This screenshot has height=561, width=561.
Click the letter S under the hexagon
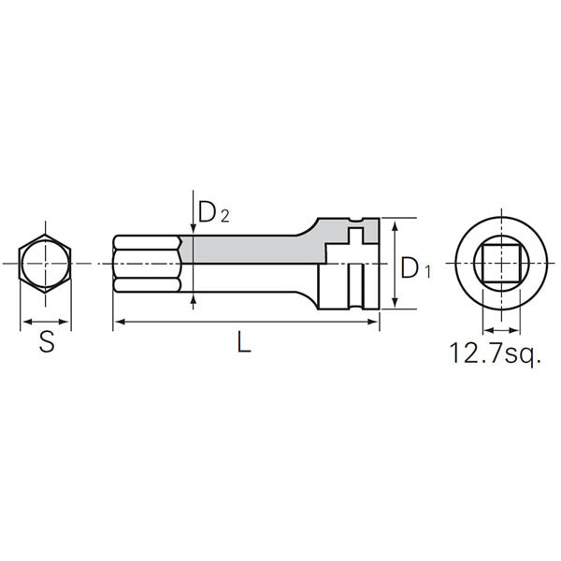(x=46, y=342)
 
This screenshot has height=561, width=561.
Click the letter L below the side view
(x=243, y=342)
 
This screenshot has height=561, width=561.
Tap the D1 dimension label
(x=414, y=268)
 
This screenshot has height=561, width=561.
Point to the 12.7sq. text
(x=495, y=353)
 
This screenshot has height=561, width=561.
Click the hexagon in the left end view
(x=46, y=265)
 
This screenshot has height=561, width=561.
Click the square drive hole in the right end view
(x=498, y=265)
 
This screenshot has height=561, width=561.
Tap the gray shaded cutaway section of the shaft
(x=248, y=249)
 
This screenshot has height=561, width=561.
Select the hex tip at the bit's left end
(x=146, y=265)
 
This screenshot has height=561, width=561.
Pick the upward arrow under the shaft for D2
(x=193, y=299)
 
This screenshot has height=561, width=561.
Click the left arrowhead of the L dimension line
(x=118, y=324)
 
